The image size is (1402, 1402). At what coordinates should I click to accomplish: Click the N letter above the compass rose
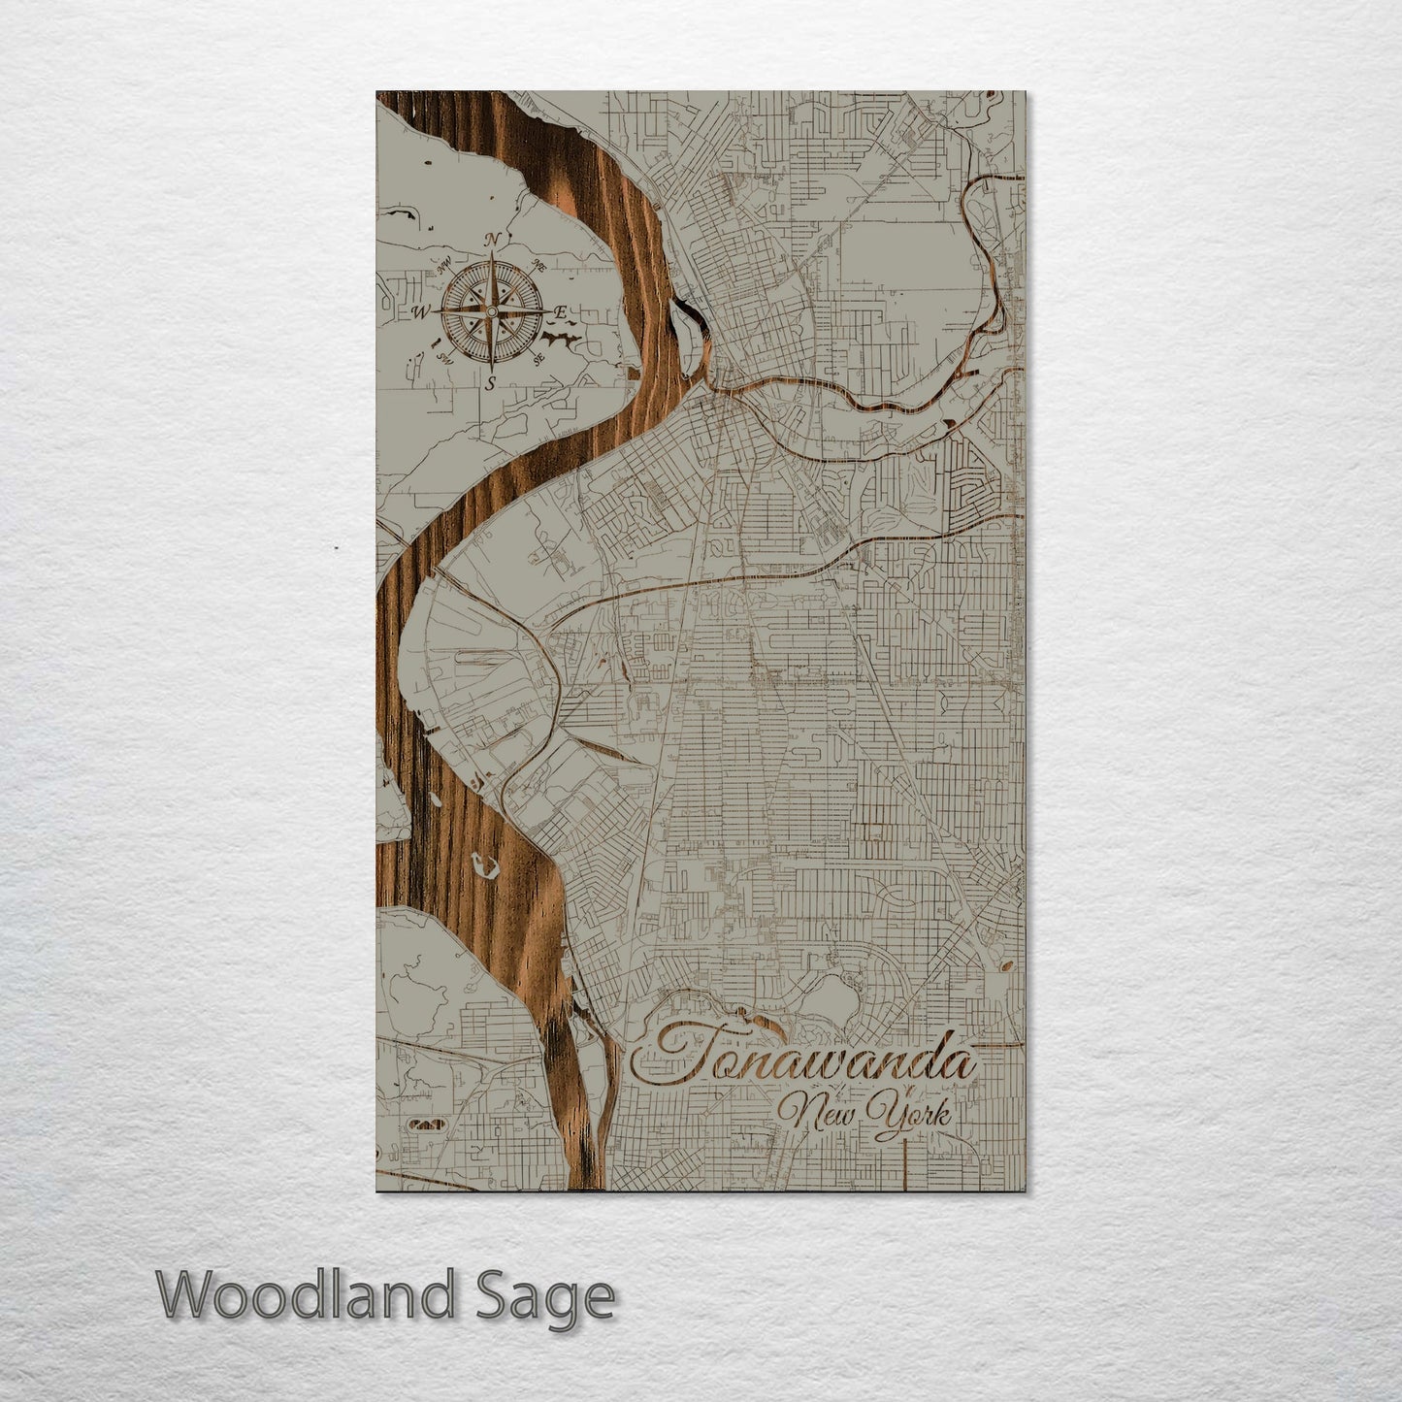coord(493,240)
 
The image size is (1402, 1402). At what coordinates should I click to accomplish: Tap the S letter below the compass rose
coord(491,382)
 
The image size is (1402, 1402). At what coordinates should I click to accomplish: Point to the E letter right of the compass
coord(560,311)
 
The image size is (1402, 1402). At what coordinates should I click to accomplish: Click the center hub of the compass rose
coord(492,310)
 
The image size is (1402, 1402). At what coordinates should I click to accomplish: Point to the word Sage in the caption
coord(553,1296)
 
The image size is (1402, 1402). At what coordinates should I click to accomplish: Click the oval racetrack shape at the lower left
coord(426,1124)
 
